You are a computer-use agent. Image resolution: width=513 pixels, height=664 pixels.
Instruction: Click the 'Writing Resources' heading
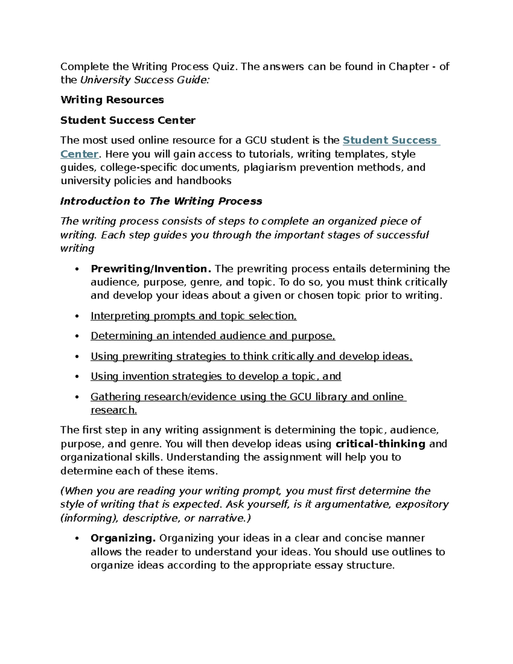click(x=112, y=100)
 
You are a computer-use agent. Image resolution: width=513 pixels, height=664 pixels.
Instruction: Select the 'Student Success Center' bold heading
click(x=128, y=121)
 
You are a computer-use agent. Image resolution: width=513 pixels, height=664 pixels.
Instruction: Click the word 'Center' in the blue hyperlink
click(x=80, y=154)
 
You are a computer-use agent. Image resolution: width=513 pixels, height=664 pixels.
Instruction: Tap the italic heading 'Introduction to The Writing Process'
click(x=161, y=201)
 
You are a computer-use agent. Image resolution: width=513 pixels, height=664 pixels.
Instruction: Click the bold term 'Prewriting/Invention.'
click(x=151, y=269)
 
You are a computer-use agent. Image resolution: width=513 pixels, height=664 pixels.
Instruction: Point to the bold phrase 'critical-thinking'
click(x=380, y=444)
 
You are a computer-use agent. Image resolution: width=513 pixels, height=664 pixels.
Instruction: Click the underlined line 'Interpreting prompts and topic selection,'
click(x=194, y=316)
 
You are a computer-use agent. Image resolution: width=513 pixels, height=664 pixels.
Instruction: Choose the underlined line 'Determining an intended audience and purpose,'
click(x=213, y=336)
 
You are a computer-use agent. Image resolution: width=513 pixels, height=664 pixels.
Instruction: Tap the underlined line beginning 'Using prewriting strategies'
click(x=251, y=357)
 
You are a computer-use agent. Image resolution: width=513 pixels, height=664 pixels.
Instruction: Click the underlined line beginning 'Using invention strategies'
click(x=216, y=376)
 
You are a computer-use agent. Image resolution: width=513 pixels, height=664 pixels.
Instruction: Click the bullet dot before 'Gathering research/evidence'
click(x=77, y=397)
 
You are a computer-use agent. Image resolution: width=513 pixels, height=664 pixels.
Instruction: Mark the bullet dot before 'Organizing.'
click(x=77, y=539)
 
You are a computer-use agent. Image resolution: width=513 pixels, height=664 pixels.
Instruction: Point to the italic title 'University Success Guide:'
click(x=145, y=80)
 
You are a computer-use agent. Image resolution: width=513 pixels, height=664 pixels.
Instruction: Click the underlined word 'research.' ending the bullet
click(x=114, y=410)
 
